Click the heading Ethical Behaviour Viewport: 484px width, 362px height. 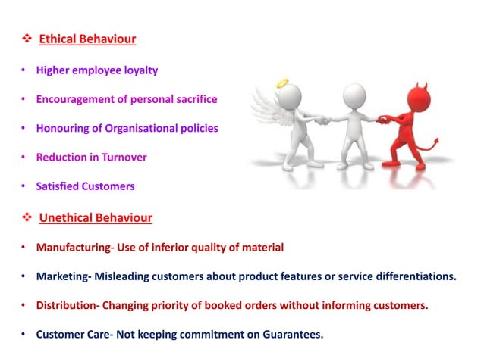(x=87, y=39)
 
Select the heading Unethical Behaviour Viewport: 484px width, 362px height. (x=96, y=218)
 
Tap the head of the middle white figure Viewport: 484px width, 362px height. (x=354, y=95)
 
